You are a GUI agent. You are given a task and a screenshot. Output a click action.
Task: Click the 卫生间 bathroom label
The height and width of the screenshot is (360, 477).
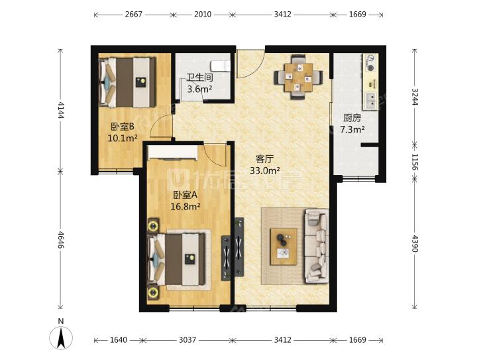coord(199,78)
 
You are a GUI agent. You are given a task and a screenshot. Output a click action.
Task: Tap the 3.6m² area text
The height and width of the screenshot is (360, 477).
coord(199,90)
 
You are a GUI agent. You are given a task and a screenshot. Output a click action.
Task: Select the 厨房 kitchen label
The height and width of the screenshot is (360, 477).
coord(352,118)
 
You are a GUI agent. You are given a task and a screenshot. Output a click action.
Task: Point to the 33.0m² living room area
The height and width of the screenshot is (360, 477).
coord(264,170)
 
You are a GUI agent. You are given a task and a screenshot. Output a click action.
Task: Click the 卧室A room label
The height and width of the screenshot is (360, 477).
coord(185,194)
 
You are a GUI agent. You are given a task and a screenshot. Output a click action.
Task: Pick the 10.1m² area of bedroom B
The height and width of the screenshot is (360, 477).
coord(123,138)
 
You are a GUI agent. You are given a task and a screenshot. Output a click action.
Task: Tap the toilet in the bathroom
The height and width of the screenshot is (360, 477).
coord(221,66)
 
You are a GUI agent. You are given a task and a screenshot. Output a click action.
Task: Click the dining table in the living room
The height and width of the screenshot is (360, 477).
coord(298,77)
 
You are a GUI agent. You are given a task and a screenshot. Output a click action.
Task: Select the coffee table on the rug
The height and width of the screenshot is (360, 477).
coord(284,247)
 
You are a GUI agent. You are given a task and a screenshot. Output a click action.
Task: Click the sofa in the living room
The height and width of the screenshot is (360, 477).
coord(317,246)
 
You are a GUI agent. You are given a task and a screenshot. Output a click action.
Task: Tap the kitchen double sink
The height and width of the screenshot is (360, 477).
coord(371,101)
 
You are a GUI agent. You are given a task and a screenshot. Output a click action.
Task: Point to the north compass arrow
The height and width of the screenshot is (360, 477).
coord(61,338)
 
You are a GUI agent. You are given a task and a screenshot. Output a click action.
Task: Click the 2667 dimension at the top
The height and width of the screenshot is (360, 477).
coord(134,15)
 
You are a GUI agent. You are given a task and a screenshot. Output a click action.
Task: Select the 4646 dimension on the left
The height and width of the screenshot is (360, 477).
coord(61,240)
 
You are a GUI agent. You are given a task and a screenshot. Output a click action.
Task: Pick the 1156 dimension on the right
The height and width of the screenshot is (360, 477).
coord(415,162)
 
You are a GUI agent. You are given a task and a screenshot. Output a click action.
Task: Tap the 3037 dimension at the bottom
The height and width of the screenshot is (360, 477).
coord(187,340)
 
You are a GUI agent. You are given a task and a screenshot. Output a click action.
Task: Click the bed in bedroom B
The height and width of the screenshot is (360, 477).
coord(127,82)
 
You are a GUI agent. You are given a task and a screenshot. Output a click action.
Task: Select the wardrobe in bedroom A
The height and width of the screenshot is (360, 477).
coord(173,152)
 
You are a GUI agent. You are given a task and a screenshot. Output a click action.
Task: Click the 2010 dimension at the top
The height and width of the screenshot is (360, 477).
coord(203,15)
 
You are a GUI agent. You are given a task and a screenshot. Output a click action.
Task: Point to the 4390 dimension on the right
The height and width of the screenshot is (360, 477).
coord(415,243)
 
